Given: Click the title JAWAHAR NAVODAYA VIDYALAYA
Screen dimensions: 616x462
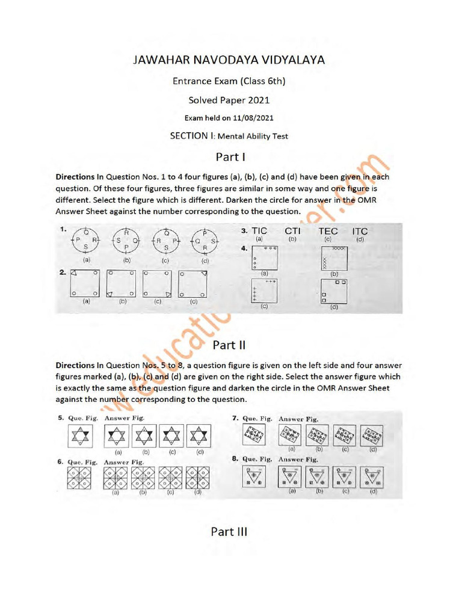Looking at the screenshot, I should pos(230,61).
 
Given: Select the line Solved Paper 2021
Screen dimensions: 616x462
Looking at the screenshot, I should pos(230,100).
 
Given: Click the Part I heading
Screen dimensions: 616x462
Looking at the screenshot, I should pos(230,158).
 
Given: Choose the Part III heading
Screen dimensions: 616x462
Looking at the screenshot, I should pos(229,531).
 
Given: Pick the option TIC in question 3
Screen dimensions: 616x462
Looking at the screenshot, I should pos(259,231).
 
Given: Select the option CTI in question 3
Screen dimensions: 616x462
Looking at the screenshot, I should pos(293,231).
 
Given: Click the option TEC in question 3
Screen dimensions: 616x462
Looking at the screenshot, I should pos(328,231).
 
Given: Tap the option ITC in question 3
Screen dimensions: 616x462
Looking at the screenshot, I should pos(360,231).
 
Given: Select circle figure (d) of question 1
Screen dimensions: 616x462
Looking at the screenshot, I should pos(205,243).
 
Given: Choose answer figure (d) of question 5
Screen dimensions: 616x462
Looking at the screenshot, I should pos(199,435).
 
